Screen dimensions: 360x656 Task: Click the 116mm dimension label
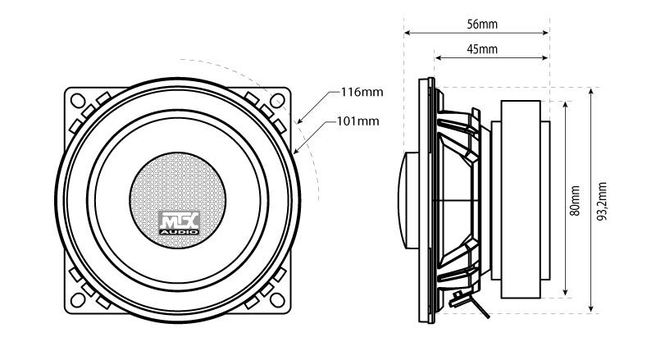[361, 92]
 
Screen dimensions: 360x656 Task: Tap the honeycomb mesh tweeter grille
[178, 185]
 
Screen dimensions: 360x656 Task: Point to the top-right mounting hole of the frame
[279, 101]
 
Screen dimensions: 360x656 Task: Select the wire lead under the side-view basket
[479, 305]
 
